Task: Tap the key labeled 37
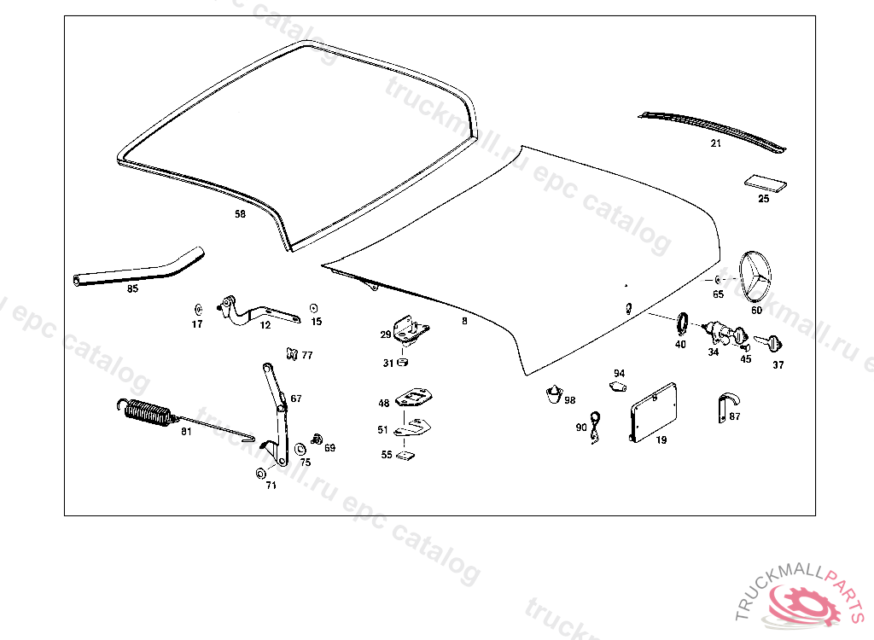click(x=771, y=343)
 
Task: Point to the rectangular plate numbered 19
click(x=654, y=413)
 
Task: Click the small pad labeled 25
click(x=765, y=183)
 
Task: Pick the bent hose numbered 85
click(x=137, y=269)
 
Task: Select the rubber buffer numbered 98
click(x=555, y=393)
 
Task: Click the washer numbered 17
click(x=197, y=309)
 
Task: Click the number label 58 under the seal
click(x=240, y=214)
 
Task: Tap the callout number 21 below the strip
click(x=715, y=144)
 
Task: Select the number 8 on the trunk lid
click(x=464, y=322)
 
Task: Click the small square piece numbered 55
click(x=408, y=455)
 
